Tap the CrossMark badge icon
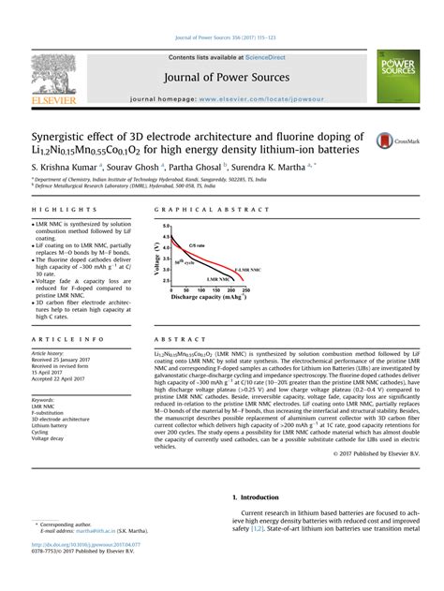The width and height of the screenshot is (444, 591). pos(390,140)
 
